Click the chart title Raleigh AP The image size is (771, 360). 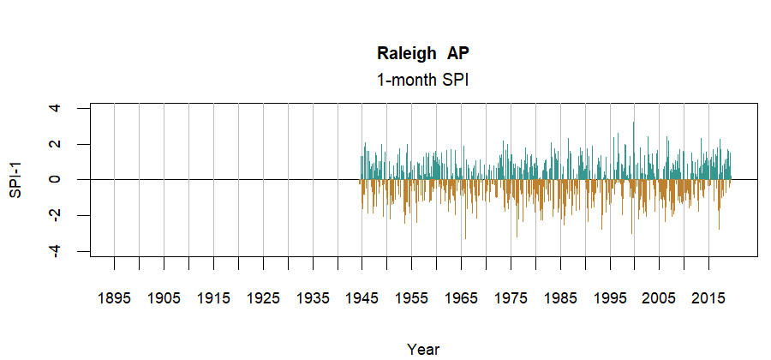click(423, 53)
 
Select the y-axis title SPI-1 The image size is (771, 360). click(16, 180)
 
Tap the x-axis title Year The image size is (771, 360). click(423, 349)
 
